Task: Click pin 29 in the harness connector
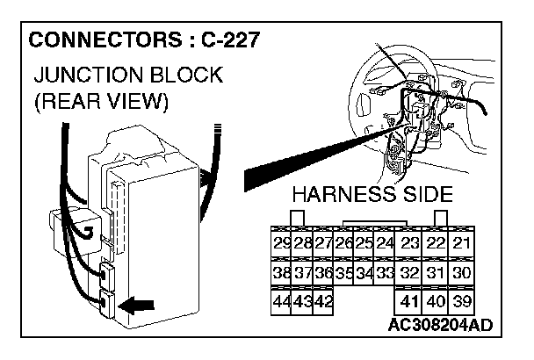(282, 243)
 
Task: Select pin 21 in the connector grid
(463, 243)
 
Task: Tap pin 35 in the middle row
(344, 273)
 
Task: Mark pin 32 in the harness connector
(409, 273)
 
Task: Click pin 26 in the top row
(344, 243)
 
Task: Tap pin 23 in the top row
(409, 243)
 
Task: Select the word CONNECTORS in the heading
(97, 40)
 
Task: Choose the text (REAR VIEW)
(100, 101)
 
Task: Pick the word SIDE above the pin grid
(427, 194)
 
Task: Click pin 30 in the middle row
(463, 273)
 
